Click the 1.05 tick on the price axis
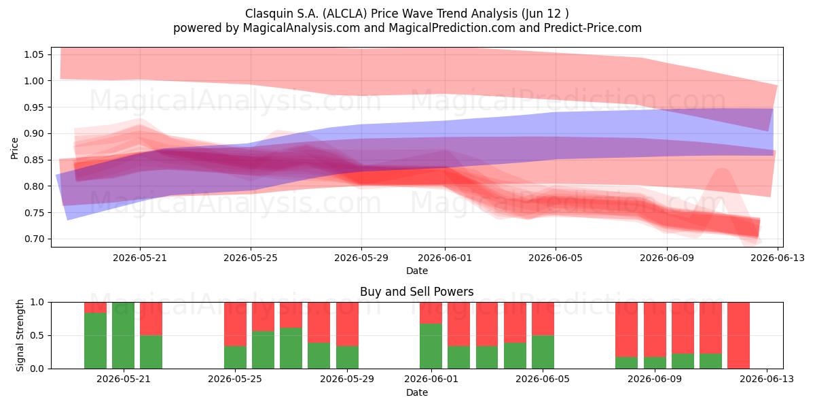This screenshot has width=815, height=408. pos(33,54)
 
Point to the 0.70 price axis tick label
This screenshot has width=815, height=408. pos(33,239)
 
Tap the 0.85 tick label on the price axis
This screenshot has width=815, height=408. pos(33,160)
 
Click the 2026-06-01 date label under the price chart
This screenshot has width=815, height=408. pos(445,258)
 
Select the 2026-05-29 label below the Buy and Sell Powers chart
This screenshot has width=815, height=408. pos(347,379)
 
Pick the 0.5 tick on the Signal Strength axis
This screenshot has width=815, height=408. pos(37,335)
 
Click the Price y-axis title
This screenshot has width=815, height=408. pos(14,148)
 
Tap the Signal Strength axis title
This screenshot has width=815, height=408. pos(20,335)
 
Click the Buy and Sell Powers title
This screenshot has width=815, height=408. pos(416,292)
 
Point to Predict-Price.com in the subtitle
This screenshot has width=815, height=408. pos(593,28)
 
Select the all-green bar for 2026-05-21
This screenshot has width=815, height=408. pos(123,335)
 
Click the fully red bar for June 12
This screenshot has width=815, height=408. pos(739,335)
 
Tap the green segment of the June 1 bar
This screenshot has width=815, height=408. pos(431,346)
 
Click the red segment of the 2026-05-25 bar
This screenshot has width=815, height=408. pos(235,324)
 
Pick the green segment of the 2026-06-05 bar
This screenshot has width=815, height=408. pos(543,352)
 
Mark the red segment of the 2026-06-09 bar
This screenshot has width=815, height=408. pos(655,329)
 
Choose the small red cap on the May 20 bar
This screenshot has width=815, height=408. pos(95,307)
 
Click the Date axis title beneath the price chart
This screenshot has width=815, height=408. pos(417,271)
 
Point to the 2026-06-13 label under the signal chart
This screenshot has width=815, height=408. pos(767,379)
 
